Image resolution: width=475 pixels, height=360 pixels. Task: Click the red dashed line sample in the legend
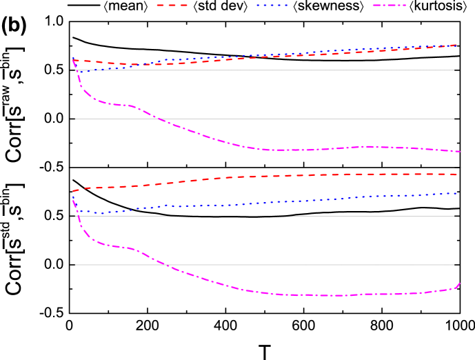[172, 5]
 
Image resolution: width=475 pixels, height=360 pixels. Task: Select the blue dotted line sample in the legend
[272, 5]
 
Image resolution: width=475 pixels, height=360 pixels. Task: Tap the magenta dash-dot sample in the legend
[389, 5]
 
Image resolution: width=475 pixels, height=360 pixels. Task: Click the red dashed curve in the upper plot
[276, 57]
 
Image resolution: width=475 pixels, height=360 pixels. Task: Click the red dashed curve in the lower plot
[276, 176]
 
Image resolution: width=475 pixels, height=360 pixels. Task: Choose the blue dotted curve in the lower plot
[276, 202]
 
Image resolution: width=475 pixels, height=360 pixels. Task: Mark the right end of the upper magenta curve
[459, 151]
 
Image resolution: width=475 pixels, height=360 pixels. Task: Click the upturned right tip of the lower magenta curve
[459, 283]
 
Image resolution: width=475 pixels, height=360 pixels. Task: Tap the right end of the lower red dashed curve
[456, 174]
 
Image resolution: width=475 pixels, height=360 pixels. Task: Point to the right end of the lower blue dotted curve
[456, 193]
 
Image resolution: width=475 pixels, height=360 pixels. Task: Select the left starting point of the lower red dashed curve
[74, 191]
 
